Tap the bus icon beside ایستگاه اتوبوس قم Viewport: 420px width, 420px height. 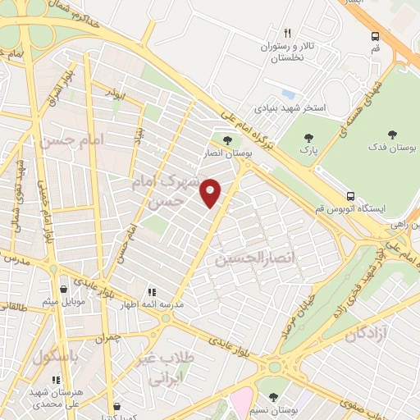[x=350, y=197]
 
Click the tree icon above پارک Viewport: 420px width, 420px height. [x=308, y=139]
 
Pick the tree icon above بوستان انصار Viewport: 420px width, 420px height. [x=227, y=140]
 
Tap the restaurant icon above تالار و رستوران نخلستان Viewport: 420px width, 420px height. [x=287, y=34]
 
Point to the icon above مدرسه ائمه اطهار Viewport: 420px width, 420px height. [x=150, y=291]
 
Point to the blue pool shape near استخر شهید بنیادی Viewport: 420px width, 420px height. [x=287, y=94]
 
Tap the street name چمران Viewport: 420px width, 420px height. [x=107, y=337]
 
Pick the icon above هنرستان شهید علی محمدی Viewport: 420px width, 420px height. [x=56, y=381]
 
